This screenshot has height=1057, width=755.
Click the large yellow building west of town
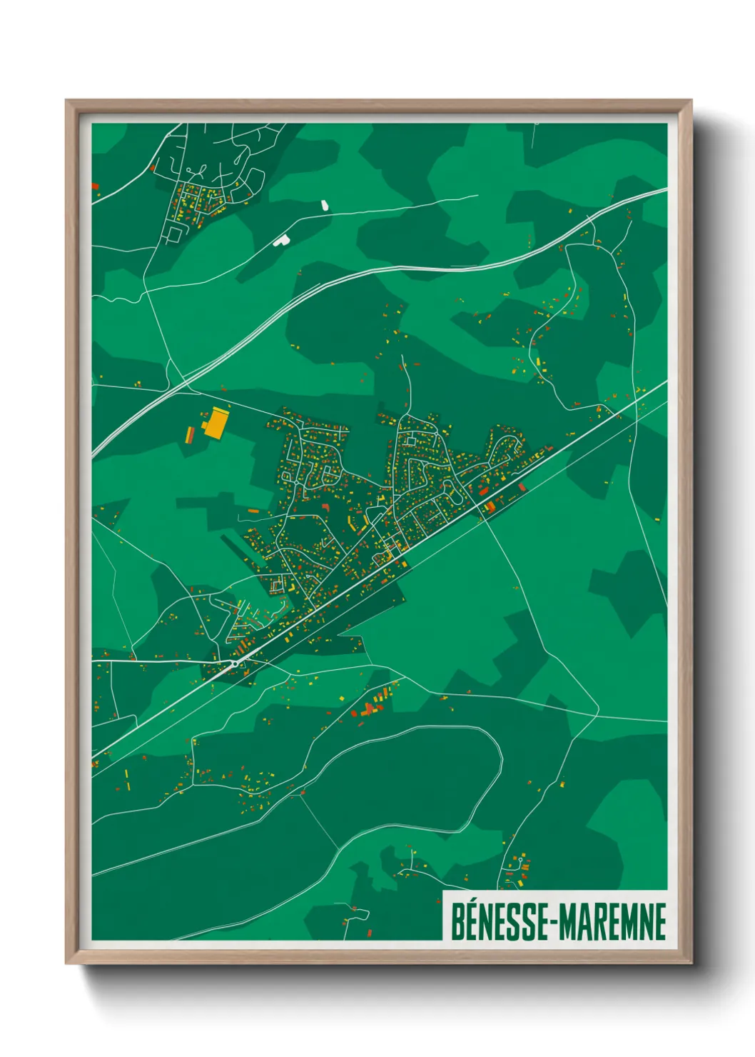click(x=216, y=422)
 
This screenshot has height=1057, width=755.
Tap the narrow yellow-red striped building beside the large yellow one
click(x=191, y=434)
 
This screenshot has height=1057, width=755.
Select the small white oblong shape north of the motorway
click(x=325, y=206)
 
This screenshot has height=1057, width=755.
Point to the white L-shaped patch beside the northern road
click(x=281, y=241)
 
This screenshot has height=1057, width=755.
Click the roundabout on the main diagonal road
click(x=234, y=663)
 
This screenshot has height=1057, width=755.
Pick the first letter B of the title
click(x=457, y=922)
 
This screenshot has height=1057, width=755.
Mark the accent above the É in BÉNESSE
click(x=472, y=903)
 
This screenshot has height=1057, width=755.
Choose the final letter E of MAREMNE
click(x=659, y=922)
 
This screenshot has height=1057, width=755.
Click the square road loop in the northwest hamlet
click(x=173, y=234)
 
